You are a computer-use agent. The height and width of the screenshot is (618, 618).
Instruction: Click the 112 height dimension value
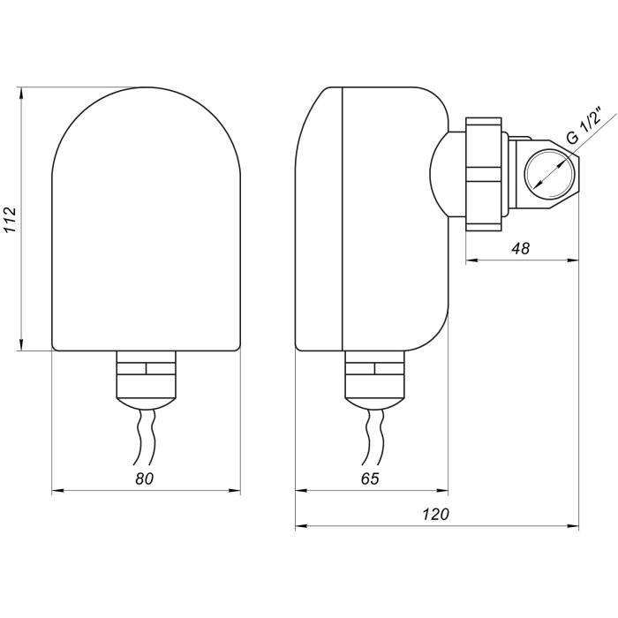(11, 220)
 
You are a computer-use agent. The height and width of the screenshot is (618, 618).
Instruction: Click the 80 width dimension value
(144, 479)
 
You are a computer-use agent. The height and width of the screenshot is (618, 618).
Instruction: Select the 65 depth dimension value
(370, 479)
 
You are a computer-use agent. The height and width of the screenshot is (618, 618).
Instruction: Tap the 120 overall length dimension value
(436, 515)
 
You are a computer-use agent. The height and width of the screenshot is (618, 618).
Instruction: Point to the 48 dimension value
(521, 249)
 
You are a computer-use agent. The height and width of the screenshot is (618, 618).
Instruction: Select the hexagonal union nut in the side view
(484, 174)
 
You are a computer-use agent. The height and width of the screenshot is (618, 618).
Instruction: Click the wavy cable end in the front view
(145, 437)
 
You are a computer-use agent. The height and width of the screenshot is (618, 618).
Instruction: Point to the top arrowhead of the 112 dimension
(22, 93)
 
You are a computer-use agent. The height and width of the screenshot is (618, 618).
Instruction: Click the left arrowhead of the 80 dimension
(58, 491)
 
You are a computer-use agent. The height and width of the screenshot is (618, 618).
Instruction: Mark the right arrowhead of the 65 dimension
(442, 491)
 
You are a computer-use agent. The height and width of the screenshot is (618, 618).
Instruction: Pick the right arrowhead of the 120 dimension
(573, 525)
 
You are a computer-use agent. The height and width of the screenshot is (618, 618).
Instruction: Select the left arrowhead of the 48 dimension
(472, 260)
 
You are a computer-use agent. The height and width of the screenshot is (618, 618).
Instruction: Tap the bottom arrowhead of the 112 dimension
(22, 344)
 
